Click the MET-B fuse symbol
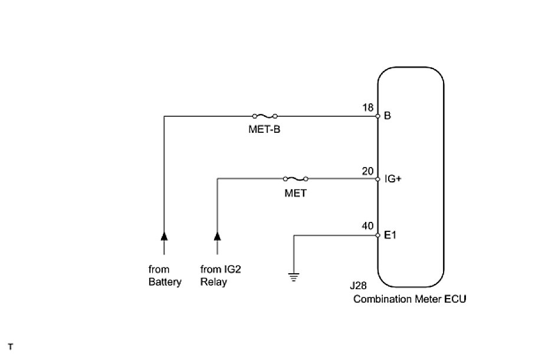[x=265, y=116]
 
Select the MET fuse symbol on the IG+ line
[x=296, y=178]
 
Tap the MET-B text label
[x=264, y=130]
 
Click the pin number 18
[x=367, y=109]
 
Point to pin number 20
[x=367, y=171]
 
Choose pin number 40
[x=367, y=226]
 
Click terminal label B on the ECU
[x=388, y=116]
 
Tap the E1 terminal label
[x=390, y=235]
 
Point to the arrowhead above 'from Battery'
[x=164, y=235]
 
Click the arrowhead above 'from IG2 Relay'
[x=217, y=235]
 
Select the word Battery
[x=165, y=282]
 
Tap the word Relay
[x=214, y=282]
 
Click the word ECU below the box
[x=454, y=299]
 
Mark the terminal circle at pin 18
[x=378, y=116]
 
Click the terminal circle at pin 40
[x=378, y=235]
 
